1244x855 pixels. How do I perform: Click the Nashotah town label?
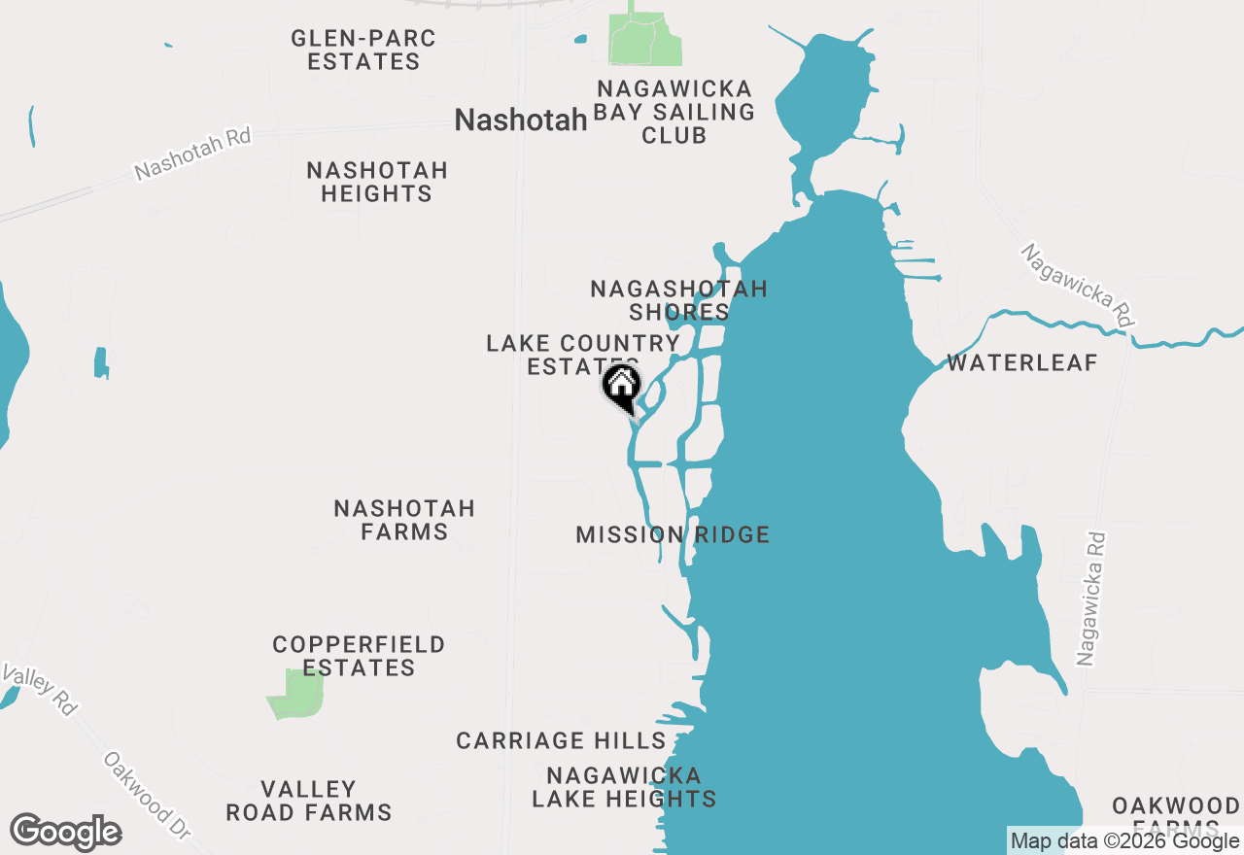pos(521,120)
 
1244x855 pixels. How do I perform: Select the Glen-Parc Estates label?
pos(363,50)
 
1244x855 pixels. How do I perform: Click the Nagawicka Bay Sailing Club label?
pos(674,112)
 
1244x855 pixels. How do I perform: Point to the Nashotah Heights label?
pos(377,182)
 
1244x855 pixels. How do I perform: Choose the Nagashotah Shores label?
pos(678,300)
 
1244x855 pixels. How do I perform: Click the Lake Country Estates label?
pos(582,354)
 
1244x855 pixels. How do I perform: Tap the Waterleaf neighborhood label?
pos(1022,363)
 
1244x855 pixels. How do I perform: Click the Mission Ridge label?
pos(673,534)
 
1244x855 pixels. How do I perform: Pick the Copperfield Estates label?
pos(359,656)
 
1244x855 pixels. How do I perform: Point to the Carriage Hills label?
pos(561,740)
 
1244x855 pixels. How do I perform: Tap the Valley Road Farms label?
pos(309,801)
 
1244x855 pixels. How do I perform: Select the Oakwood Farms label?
pos(1175,814)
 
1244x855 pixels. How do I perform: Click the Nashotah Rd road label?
pos(192,154)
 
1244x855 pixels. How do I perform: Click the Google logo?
pos(65,833)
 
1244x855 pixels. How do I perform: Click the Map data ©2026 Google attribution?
pos(1124,840)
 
